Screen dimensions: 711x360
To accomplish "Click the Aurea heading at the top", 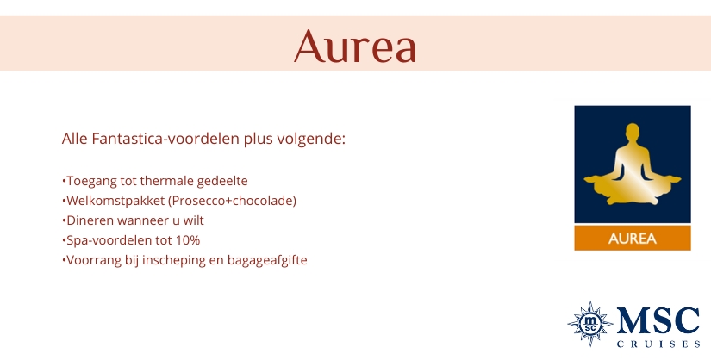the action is [355, 46].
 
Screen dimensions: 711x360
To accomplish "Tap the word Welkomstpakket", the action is [115, 201].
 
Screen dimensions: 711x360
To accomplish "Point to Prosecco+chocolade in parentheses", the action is [233, 201].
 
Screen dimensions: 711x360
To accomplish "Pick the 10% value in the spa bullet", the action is [188, 240].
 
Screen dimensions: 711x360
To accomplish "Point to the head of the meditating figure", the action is [632, 132].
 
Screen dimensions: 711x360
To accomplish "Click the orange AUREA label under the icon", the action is [633, 239].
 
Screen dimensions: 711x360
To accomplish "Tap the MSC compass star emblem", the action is [590, 324].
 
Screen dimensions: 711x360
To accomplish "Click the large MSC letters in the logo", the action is [658, 321].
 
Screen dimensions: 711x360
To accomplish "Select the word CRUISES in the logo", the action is [658, 344].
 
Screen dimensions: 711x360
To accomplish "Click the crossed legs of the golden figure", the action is [633, 195].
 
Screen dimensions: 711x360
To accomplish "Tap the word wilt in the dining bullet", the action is [194, 220].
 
